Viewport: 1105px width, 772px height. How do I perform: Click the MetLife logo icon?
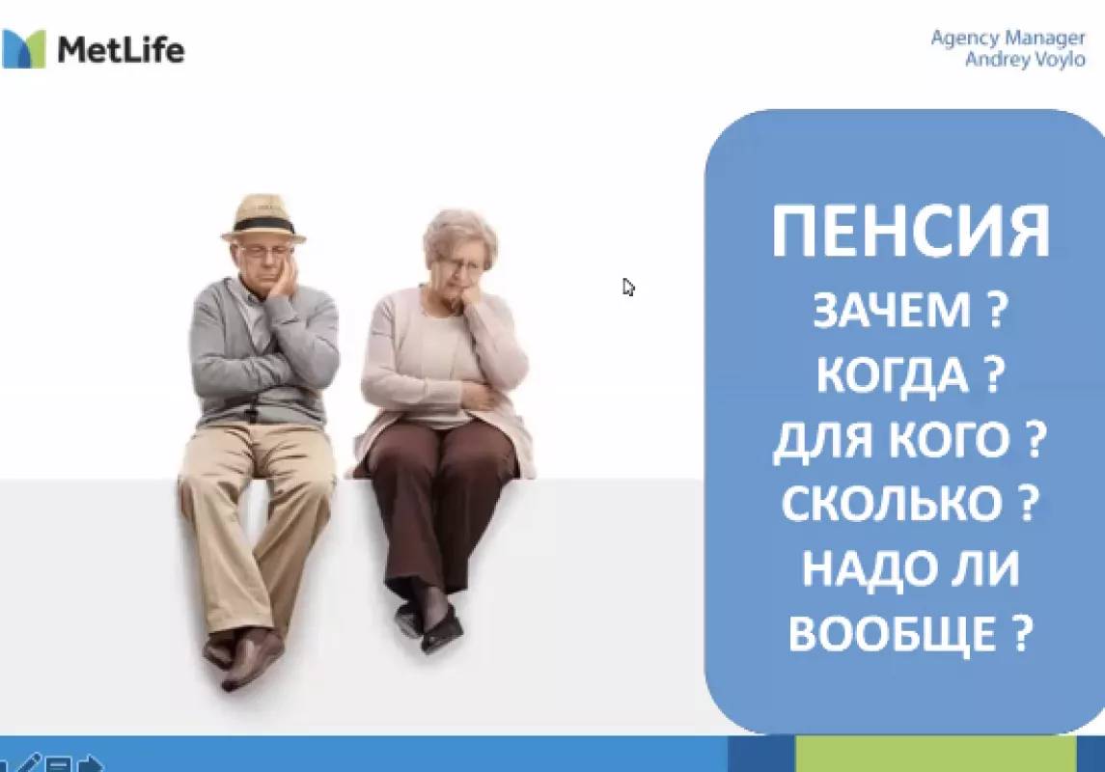coord(23,48)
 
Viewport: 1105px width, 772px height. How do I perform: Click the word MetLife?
coord(121,50)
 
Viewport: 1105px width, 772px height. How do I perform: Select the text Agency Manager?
coord(1008,38)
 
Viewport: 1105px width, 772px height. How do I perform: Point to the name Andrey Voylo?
coord(1025,59)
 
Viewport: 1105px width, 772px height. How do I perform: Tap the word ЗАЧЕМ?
coord(892,311)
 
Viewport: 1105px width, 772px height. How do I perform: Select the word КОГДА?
coord(892,374)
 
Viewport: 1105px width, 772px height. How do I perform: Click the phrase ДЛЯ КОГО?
coord(891,440)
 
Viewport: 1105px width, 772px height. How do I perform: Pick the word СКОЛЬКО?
coord(892,503)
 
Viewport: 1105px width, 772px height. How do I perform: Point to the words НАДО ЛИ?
coord(910,567)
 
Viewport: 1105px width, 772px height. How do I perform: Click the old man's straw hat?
coord(262,218)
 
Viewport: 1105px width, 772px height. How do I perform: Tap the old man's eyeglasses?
coord(264,251)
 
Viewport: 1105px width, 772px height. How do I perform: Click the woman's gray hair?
coord(459,234)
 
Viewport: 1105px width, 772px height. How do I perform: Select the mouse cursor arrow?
coord(628,288)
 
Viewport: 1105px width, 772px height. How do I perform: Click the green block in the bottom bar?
coord(936,754)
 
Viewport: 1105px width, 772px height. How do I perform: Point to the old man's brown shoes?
coord(243,655)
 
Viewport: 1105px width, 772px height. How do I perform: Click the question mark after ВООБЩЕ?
coord(1023,632)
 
